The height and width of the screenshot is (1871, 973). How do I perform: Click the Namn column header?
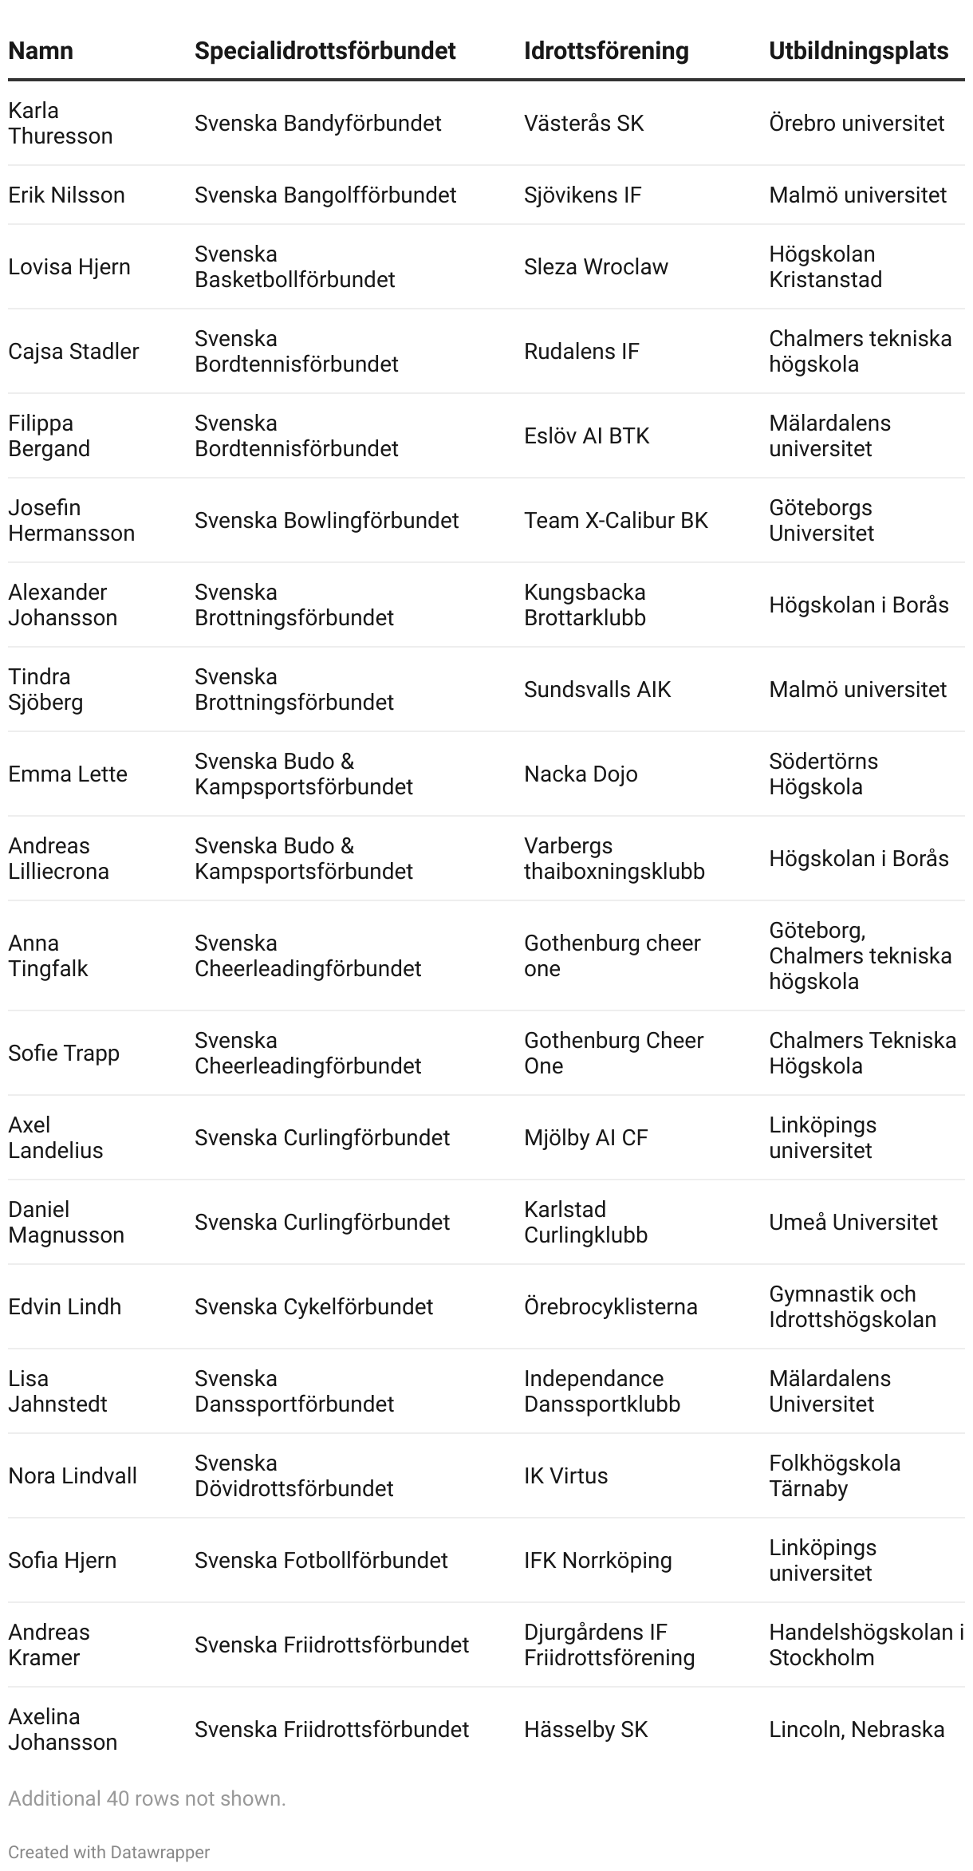(41, 51)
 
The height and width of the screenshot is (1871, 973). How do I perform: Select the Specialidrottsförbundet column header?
(325, 51)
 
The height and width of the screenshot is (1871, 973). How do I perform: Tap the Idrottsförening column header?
(606, 51)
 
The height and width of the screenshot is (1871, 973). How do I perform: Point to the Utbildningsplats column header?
(858, 51)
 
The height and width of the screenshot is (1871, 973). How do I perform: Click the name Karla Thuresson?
(60, 123)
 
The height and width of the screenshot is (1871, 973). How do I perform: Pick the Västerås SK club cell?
(584, 123)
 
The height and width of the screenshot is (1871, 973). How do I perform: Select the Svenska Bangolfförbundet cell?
(325, 195)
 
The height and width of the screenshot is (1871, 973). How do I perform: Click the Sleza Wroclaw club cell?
(596, 266)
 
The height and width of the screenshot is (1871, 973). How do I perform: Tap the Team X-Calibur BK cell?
(616, 520)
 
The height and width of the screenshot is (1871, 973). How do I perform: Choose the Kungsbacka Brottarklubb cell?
(585, 605)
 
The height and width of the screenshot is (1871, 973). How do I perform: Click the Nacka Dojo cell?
(581, 774)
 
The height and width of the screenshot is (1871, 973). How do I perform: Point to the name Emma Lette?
(68, 774)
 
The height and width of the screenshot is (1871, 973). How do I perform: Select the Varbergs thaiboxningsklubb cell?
(614, 858)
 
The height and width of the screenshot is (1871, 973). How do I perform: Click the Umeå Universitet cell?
(853, 1222)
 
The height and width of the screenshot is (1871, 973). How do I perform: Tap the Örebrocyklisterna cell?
(610, 1306)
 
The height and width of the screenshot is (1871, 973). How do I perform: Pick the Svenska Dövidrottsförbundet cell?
(293, 1475)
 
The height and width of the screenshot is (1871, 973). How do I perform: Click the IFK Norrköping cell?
(597, 1560)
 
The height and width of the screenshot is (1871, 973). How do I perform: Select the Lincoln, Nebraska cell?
(857, 1729)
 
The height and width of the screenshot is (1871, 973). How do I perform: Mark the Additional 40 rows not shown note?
(147, 1798)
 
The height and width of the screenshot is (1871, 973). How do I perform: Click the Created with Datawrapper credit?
(109, 1852)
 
